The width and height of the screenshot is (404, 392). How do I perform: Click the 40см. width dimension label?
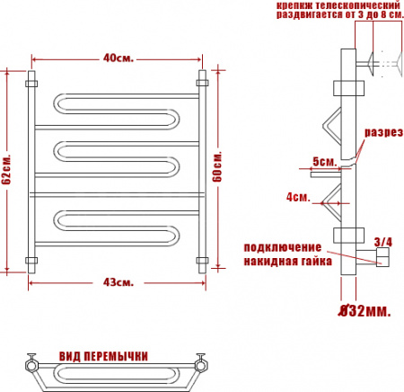click(x=118, y=58)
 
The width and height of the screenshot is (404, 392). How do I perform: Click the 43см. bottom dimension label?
click(x=119, y=283)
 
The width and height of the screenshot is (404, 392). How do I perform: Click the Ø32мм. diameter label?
click(x=364, y=311)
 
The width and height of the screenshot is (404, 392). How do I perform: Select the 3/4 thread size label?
click(x=383, y=242)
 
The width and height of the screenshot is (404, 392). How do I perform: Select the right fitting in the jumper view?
click(x=203, y=365)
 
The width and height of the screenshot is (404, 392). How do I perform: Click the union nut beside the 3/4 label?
click(x=382, y=259)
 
